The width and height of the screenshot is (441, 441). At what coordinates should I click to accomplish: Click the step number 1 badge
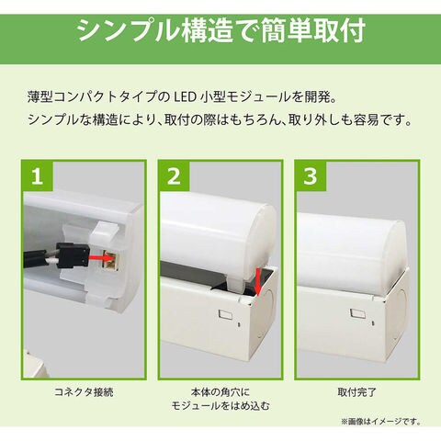click(39, 176)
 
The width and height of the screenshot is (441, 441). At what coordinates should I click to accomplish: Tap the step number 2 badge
click(175, 176)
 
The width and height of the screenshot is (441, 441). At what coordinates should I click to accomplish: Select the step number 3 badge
click(311, 176)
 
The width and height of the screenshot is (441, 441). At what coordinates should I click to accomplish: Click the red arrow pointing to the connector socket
click(100, 256)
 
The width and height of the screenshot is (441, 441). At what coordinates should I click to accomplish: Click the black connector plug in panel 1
click(72, 254)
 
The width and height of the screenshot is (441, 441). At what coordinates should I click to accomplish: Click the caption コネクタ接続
click(84, 392)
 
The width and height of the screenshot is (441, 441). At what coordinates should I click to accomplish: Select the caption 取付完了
click(356, 392)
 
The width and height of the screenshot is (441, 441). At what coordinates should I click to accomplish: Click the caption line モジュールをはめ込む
click(220, 406)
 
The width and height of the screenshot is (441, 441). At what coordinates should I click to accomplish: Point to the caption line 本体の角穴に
click(220, 392)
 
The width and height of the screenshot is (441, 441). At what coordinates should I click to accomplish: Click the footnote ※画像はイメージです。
click(381, 422)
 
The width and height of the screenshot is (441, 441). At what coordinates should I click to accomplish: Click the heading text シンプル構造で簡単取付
click(220, 30)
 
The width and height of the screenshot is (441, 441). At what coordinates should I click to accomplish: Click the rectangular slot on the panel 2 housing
click(224, 314)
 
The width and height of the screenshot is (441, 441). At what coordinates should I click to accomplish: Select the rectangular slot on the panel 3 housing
click(357, 313)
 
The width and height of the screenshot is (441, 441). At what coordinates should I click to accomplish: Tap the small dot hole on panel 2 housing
click(239, 323)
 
